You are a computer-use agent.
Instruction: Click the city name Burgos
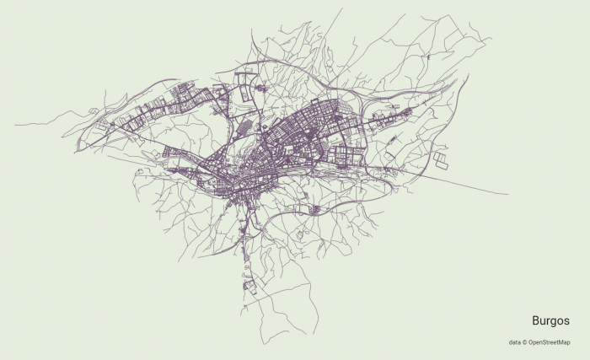coord(550,321)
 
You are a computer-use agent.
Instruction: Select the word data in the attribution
coord(514,342)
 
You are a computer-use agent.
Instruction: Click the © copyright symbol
coord(524,342)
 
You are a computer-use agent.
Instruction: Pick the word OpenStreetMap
coord(549,342)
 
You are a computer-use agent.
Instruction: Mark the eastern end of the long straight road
coord(507,194)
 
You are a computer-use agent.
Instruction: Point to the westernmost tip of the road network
coord(15,125)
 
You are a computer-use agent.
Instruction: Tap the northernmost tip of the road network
coord(341,9)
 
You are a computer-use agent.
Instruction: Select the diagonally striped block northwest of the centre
coord(244,126)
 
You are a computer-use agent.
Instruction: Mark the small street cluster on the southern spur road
coord(249,285)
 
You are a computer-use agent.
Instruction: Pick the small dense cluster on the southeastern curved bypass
coord(315,208)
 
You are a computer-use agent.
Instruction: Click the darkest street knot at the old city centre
coord(244,181)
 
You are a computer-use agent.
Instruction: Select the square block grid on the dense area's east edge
coord(346,155)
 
